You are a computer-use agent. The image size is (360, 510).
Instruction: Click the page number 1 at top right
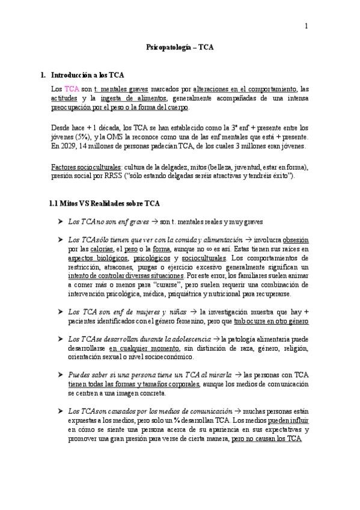pyautogui.click(x=307, y=26)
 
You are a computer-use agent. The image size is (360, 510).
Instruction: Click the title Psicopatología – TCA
pyautogui.click(x=180, y=46)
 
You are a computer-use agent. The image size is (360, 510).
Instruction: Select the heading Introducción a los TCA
pyautogui.click(x=88, y=75)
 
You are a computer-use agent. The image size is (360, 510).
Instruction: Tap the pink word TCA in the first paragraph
pyautogui.click(x=72, y=88)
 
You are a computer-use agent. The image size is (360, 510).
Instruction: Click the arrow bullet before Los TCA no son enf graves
pyautogui.click(x=60, y=221)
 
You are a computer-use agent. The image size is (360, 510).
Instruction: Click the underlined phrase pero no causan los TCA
pyautogui.click(x=266, y=439)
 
